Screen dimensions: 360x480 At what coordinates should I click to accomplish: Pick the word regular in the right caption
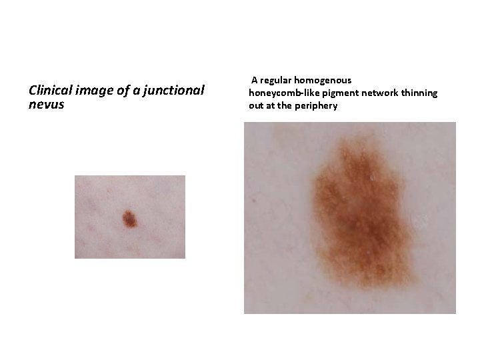tap(279, 80)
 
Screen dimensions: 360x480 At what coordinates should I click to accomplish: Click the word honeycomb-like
tap(281, 93)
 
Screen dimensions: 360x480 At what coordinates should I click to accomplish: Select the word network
tap(377, 93)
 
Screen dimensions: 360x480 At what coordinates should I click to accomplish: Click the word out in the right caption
tap(256, 105)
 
